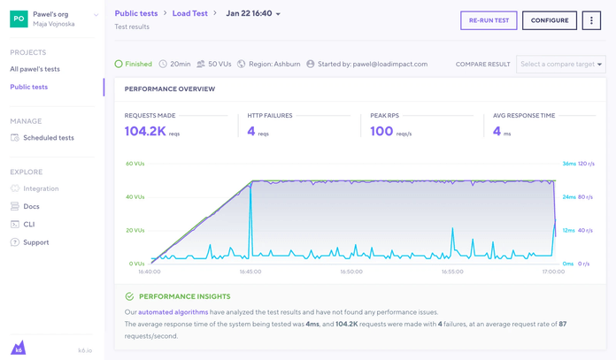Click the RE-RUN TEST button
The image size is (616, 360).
click(x=489, y=20)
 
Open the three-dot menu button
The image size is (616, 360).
click(x=591, y=20)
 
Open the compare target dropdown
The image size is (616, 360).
click(x=561, y=65)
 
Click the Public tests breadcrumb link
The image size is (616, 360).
click(x=136, y=14)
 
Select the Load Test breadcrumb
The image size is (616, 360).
click(x=189, y=14)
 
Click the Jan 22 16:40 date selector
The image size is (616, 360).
click(x=253, y=14)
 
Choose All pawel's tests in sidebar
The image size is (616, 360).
click(x=35, y=69)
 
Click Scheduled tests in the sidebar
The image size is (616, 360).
click(x=49, y=138)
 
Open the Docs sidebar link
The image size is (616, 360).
click(x=31, y=206)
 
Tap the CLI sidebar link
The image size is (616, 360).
click(x=29, y=225)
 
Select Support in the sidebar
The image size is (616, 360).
click(x=36, y=242)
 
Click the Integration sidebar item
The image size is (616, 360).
click(x=41, y=188)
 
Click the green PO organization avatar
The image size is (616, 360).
click(x=19, y=19)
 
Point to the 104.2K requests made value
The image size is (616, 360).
click(x=145, y=131)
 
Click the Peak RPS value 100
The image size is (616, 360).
click(x=381, y=131)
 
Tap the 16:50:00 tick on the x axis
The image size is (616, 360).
click(x=351, y=272)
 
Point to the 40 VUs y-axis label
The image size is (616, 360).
click(x=135, y=197)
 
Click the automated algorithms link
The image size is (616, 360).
click(x=173, y=312)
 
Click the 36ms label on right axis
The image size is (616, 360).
click(x=568, y=165)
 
